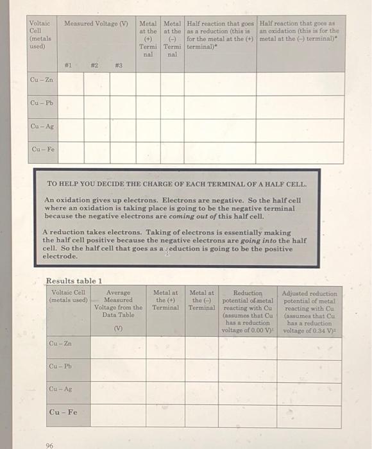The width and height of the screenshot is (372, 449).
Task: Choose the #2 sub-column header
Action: coord(94,64)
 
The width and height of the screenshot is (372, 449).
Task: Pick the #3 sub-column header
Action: coord(119,64)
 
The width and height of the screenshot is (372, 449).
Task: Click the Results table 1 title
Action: coord(74,280)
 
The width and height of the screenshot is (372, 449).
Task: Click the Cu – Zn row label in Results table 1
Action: coord(60,344)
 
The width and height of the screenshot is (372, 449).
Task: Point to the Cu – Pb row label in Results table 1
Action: coord(60,366)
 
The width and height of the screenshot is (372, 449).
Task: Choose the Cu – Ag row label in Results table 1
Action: coord(60,389)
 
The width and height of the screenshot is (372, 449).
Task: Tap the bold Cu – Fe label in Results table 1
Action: coord(63,412)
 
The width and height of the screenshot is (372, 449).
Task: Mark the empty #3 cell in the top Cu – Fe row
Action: coord(119,151)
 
